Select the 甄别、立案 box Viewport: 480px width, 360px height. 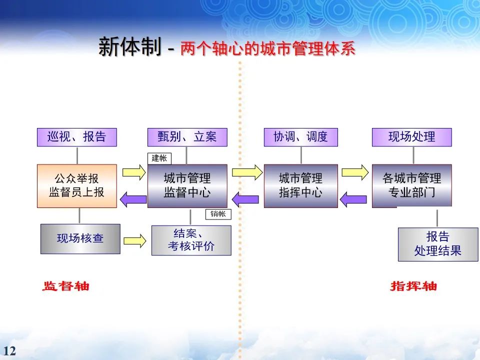point(187,137)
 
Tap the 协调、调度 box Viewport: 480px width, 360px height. point(300,137)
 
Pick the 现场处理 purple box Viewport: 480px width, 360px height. point(411,137)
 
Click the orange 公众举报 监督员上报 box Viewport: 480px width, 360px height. point(76,185)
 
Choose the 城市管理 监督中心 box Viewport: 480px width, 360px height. point(187,185)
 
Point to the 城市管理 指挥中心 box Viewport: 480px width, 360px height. point(300,185)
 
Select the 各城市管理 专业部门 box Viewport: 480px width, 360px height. point(411,185)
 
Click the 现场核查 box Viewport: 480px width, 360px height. point(80,238)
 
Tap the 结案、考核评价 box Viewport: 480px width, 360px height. point(191,240)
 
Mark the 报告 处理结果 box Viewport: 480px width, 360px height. point(437,244)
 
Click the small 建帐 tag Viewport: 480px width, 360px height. point(159,158)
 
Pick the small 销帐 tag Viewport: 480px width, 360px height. point(218,214)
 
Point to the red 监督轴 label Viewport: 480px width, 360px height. point(65,286)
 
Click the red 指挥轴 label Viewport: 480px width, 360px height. point(413,286)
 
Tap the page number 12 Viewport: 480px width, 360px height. point(9,350)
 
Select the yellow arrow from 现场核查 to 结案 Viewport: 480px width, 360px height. point(134,240)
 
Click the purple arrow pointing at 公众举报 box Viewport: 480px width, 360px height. point(132,199)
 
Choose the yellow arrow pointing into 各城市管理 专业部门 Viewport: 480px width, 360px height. point(355,172)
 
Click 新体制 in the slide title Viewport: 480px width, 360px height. point(129,48)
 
